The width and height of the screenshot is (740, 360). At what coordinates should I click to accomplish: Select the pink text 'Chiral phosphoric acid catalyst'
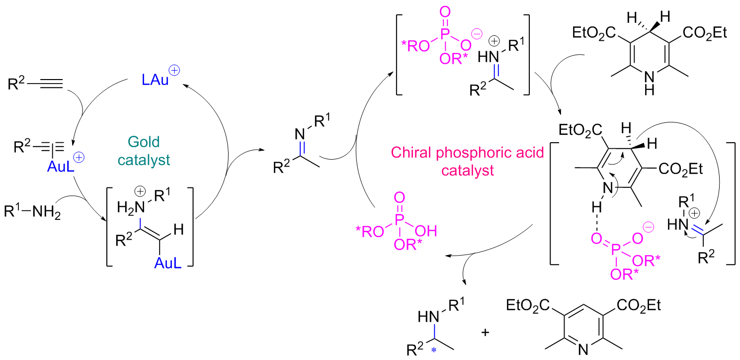447,161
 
